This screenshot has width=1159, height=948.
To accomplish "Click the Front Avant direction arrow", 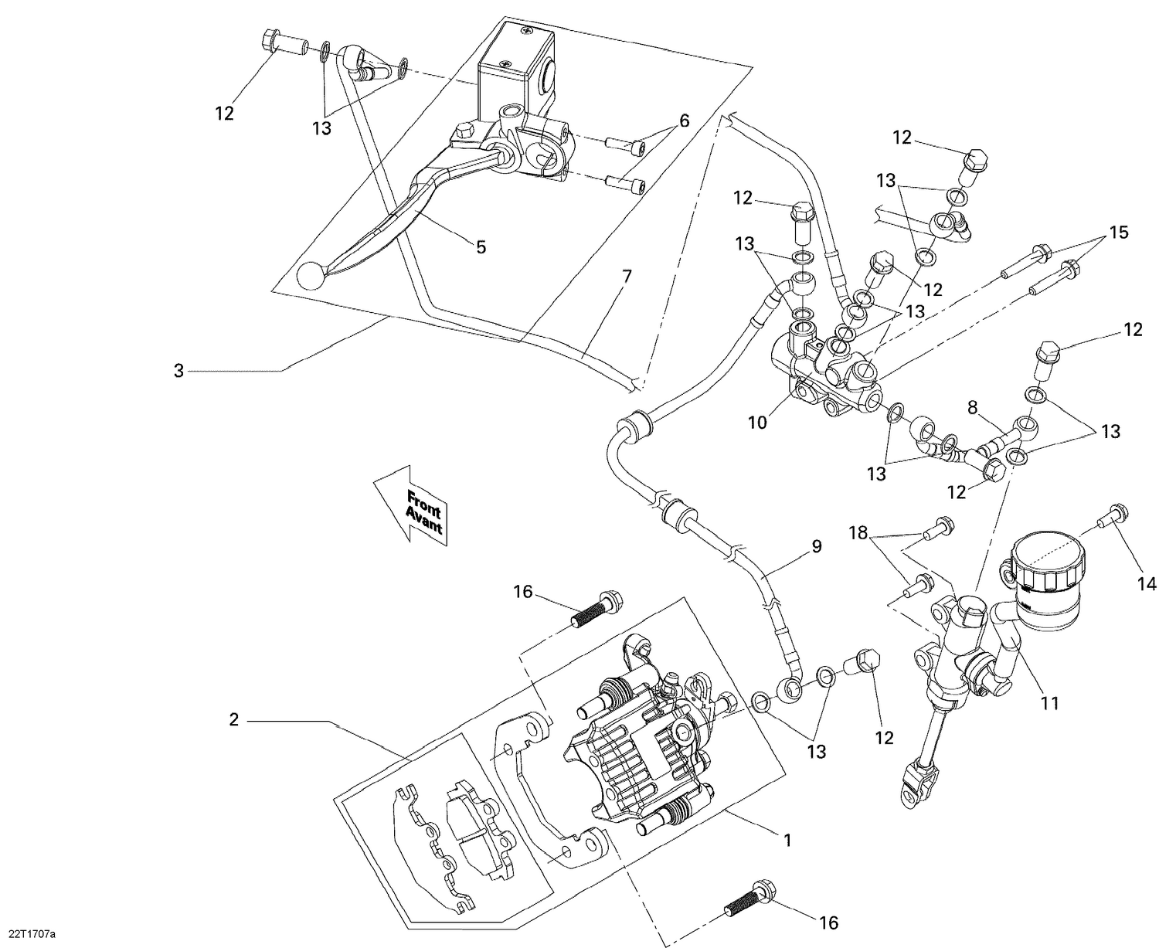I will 410,506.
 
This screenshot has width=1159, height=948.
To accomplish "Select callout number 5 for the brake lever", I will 481,246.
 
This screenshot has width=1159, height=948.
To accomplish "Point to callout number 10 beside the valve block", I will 757,423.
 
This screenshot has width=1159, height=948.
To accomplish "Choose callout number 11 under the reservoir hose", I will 1049,703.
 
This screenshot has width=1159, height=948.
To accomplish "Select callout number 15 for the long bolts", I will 1118,232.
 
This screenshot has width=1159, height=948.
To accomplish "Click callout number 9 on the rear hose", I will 816,547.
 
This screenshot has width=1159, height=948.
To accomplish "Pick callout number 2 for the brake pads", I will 233,720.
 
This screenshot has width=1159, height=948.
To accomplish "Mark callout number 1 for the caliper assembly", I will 787,840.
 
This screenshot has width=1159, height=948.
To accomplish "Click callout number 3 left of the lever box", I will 178,371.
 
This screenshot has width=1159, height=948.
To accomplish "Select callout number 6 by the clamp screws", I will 684,121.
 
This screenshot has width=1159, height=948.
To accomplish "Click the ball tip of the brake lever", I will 310,276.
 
